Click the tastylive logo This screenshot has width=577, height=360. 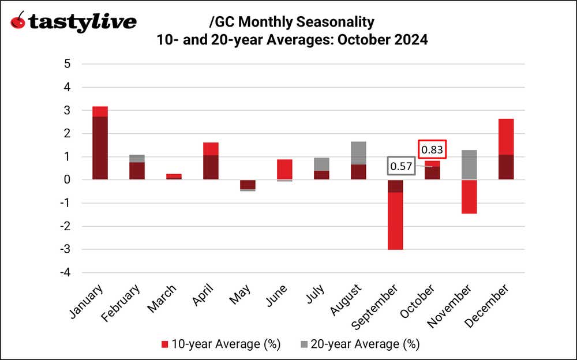[73, 22]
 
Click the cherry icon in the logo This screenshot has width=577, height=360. [18, 22]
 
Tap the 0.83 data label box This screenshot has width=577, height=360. [432, 149]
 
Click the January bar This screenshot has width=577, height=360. [95, 144]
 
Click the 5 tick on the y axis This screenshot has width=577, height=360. [67, 63]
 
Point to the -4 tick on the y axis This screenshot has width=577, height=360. [65, 273]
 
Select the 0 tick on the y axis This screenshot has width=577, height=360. [67, 180]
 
